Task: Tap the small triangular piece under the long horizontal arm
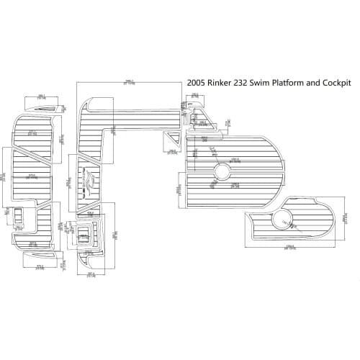click(x=174, y=137)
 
